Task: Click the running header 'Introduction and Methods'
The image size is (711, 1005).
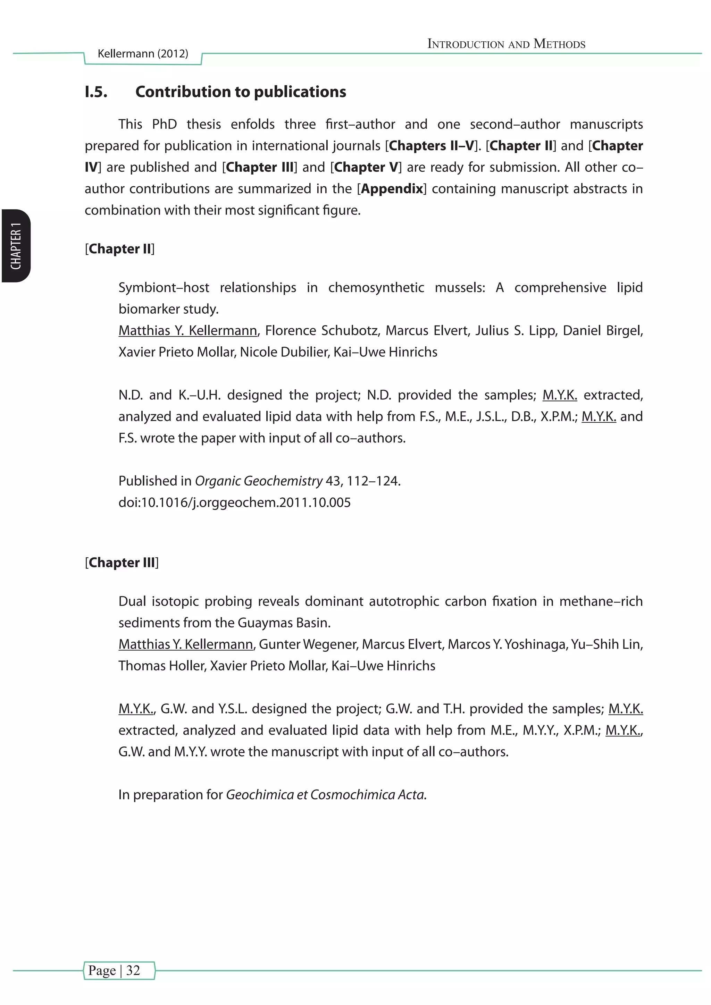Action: click(x=506, y=44)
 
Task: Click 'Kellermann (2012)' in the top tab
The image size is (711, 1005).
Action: click(x=143, y=53)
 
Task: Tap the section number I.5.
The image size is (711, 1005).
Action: click(x=96, y=92)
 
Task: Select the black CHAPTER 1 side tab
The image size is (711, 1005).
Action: click(x=16, y=246)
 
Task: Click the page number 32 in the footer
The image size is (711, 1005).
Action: click(x=133, y=970)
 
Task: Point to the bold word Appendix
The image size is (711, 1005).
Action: click(x=392, y=189)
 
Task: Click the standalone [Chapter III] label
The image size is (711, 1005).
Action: click(x=122, y=563)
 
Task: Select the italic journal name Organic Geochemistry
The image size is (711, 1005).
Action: click(x=258, y=481)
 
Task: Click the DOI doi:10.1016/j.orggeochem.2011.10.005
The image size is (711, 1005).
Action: click(x=234, y=502)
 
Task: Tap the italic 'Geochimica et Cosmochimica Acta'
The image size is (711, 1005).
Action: click(x=326, y=794)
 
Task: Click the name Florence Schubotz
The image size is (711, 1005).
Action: click(x=322, y=330)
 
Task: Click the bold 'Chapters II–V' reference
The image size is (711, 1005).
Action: click(x=431, y=146)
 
